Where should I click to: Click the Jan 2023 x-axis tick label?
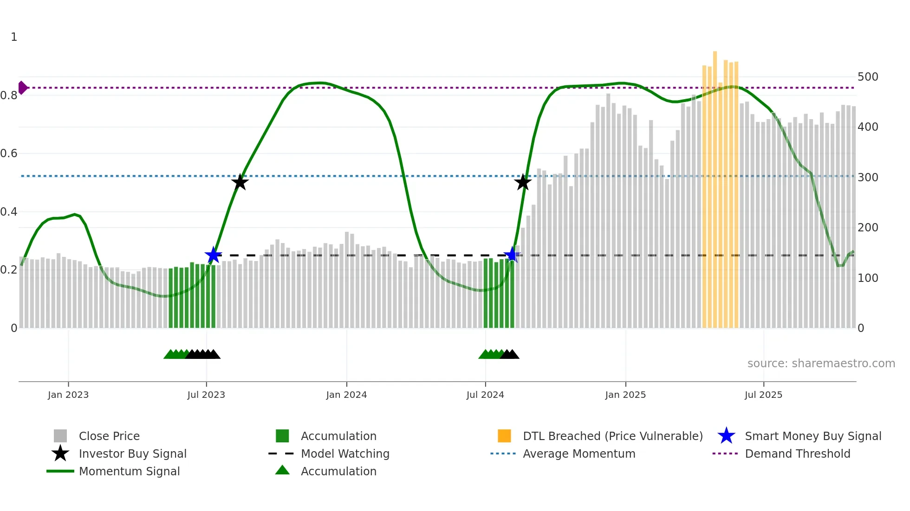point(68,395)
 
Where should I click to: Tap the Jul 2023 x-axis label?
point(206,395)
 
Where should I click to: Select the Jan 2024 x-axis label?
point(346,395)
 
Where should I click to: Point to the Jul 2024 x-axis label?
point(485,395)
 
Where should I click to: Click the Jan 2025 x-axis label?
point(625,395)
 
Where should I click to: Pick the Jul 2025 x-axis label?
point(763,395)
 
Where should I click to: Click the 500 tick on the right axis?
point(868,77)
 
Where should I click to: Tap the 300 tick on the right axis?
point(868,178)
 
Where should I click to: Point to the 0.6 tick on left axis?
point(9,153)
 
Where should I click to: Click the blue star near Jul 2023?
point(214,255)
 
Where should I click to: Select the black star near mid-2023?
point(240,182)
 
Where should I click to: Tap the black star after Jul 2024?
point(523,182)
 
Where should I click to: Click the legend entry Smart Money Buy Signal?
point(812,436)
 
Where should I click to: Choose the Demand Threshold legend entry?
point(797,454)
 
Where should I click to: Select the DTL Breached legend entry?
point(612,436)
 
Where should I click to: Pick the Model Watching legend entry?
point(345,454)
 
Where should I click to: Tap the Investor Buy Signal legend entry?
point(132,454)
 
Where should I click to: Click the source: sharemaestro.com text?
point(821,364)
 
